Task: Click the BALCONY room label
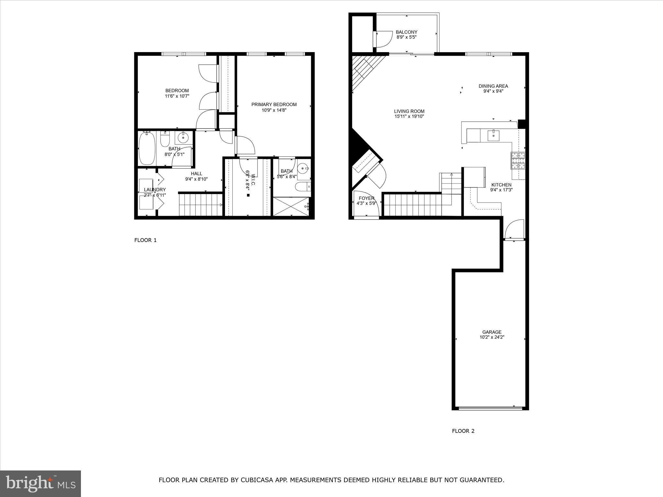406,32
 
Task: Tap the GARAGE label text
492,332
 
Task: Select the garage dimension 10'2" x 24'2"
492,337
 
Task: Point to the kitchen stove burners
518,161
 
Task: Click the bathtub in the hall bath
147,149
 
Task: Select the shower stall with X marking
291,206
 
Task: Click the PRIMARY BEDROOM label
274,105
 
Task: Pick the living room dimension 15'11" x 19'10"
409,116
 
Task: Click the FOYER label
366,198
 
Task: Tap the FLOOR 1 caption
145,240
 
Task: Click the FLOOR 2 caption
463,431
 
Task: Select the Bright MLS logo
40,484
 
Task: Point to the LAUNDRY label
155,190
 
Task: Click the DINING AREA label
493,86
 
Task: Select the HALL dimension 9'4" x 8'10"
196,179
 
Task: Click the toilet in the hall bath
165,139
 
